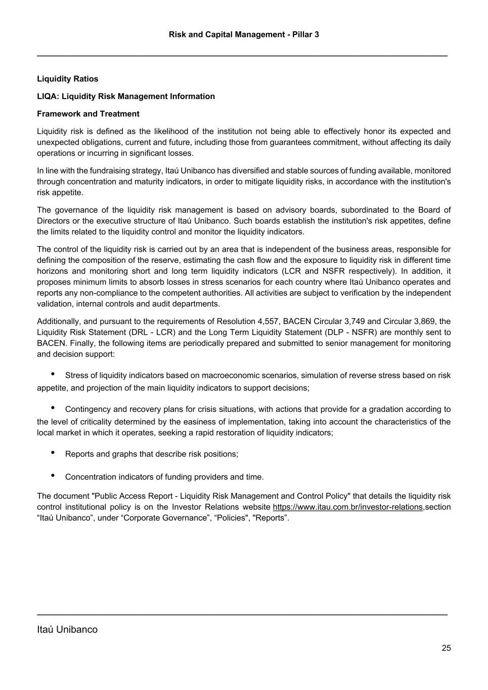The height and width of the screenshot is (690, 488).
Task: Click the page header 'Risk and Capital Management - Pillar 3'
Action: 244,34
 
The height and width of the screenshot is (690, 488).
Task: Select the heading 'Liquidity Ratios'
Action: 68,79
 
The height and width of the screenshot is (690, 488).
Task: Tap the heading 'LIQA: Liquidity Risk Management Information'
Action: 126,96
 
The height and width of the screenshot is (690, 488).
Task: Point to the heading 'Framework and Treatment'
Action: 88,114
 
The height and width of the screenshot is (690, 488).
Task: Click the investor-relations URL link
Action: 347,507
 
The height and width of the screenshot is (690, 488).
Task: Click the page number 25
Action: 446,648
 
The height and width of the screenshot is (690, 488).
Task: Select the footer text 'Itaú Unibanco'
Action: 67,629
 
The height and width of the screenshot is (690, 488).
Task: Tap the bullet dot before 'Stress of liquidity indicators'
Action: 53,374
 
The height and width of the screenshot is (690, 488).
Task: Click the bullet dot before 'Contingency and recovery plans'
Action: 53,408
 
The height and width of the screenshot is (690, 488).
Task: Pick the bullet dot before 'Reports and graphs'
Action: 53,452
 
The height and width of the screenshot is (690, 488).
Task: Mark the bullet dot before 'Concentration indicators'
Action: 53,475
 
